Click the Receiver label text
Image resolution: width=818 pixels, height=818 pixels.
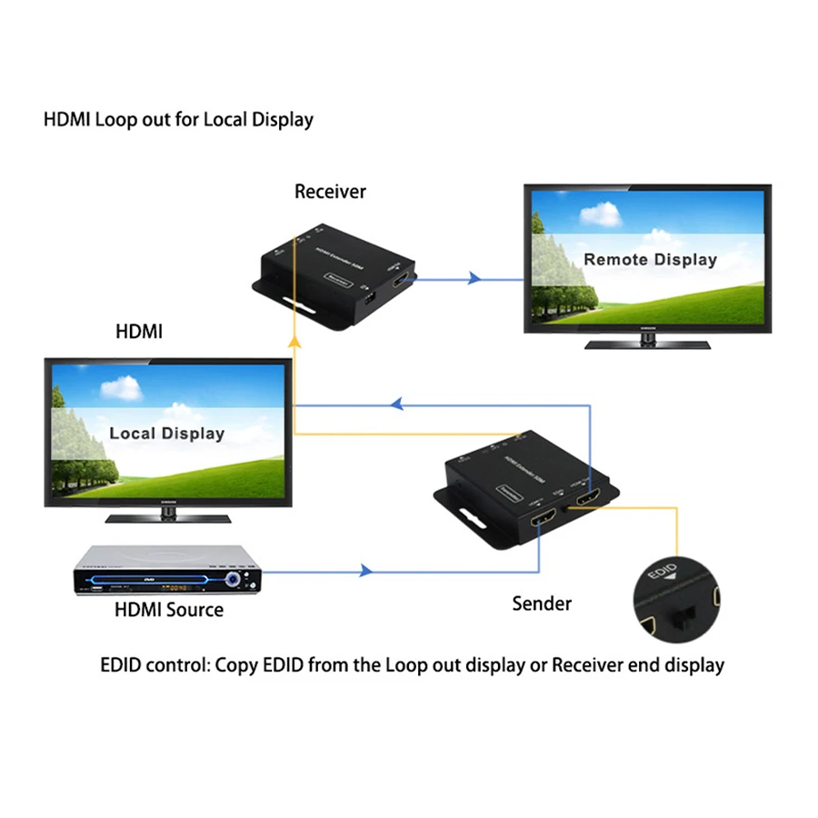(330, 192)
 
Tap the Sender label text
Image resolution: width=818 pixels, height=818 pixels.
(542, 604)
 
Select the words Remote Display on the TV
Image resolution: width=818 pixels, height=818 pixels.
(650, 260)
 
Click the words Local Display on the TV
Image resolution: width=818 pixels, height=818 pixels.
(166, 434)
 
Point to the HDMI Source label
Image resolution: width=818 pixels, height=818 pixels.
(169, 610)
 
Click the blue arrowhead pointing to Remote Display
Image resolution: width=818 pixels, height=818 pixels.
(474, 278)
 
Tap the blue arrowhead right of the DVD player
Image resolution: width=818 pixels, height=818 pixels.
(365, 571)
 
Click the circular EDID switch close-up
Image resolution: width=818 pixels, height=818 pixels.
(676, 599)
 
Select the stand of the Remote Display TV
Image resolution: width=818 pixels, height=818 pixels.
(647, 342)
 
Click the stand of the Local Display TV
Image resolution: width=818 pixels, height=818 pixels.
(168, 514)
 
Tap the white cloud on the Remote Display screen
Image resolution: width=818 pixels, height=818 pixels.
(600, 214)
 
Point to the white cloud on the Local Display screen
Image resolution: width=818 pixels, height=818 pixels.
(121, 388)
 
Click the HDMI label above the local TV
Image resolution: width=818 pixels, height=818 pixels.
(138, 332)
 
